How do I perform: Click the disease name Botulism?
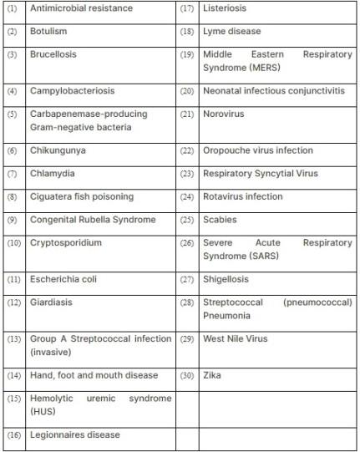coord(48,31)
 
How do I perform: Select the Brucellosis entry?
coord(54,54)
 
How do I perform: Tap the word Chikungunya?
coord(58,150)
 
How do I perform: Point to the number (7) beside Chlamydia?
coord(12,174)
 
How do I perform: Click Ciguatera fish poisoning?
coord(82,197)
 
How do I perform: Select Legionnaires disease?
coord(75,434)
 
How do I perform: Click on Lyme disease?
coord(232,31)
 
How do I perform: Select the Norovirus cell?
coord(224,114)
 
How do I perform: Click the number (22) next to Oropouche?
coord(187,150)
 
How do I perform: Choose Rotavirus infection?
coord(243,197)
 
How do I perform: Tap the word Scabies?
coord(221,220)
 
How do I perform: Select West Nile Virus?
coord(236,339)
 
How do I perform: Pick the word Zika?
coord(213,375)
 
